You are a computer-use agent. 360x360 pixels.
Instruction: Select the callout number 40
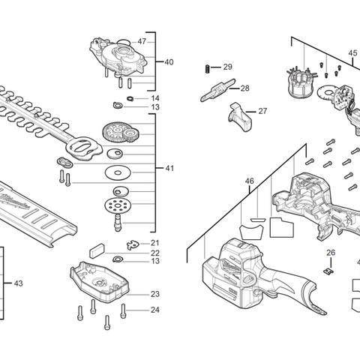coord(169,61)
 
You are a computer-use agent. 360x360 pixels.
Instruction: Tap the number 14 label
coord(154,98)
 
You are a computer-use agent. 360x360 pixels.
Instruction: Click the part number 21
coord(154,242)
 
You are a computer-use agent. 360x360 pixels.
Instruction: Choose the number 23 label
coord(154,294)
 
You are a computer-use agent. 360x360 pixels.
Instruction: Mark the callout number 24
coord(154,310)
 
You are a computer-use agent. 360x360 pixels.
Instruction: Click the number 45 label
coord(352,53)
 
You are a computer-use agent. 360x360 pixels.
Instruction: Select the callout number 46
coord(250,181)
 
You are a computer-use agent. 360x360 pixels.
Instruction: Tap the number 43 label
coord(19,283)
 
